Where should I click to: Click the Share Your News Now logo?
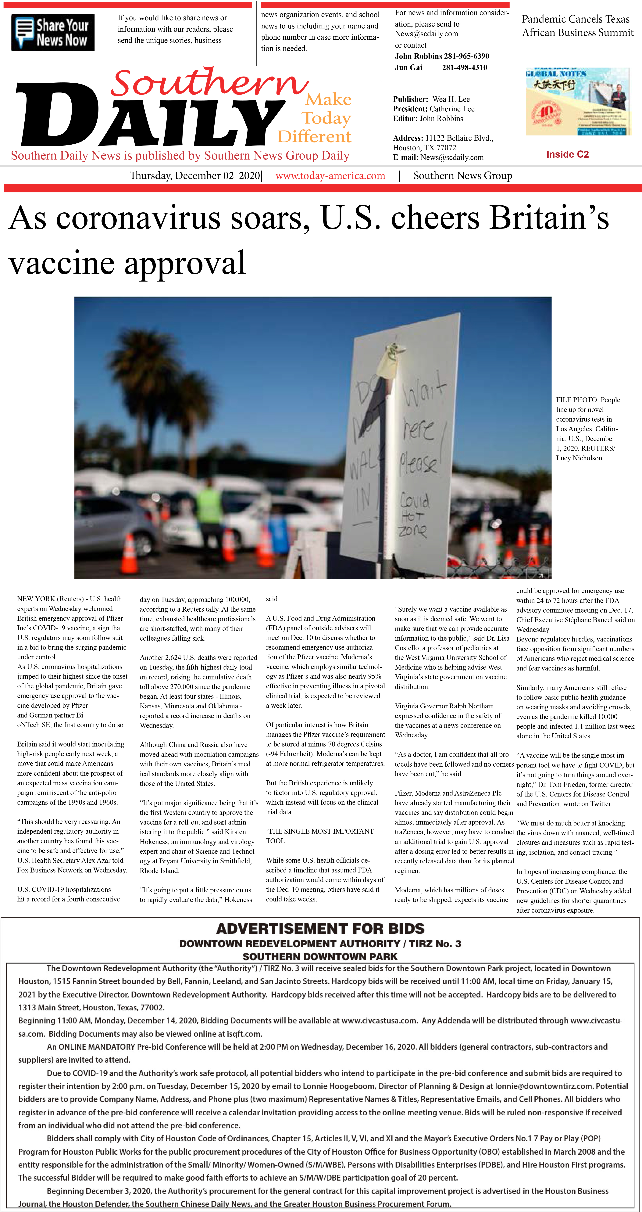click(x=53, y=32)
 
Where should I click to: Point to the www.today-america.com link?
click(x=330, y=176)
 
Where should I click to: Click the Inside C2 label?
click(x=567, y=154)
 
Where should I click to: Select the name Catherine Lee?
click(x=452, y=109)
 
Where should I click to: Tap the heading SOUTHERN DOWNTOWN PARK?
click(x=320, y=957)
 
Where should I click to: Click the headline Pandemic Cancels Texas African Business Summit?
click(x=578, y=26)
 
